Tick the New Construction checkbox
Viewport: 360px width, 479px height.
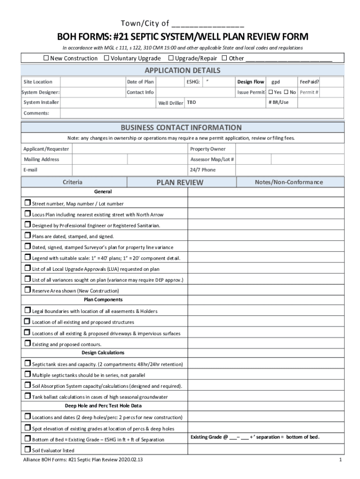(x=46, y=58)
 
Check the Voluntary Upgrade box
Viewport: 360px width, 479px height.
(x=107, y=58)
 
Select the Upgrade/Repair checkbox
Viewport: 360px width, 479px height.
(x=171, y=58)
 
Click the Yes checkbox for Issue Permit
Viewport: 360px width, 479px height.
(x=270, y=92)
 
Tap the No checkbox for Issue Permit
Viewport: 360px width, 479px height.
(x=286, y=92)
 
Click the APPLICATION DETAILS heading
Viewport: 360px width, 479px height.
(x=182, y=71)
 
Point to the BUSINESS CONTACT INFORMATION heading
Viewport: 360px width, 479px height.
(x=181, y=128)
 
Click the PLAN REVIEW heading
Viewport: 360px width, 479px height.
(x=180, y=182)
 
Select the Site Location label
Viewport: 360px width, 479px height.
(x=38, y=82)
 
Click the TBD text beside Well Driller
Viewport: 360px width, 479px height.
(x=192, y=102)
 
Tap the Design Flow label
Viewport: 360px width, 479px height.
(x=251, y=82)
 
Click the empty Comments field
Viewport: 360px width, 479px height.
(x=196, y=113)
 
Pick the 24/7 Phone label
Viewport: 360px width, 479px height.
(x=202, y=170)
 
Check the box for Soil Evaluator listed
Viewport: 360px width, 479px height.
(x=27, y=450)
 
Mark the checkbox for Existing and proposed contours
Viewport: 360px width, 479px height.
(x=27, y=343)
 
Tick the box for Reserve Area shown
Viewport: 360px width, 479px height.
(x=27, y=290)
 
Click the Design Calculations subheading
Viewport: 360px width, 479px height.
(x=103, y=353)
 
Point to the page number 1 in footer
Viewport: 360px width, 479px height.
(x=340, y=460)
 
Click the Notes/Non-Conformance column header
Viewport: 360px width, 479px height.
(x=288, y=182)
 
